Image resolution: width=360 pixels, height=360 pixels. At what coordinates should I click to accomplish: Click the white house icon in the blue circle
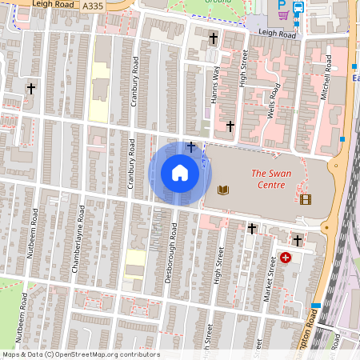[x=180, y=172]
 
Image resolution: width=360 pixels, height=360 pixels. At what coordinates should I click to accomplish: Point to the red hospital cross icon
[x=286, y=258]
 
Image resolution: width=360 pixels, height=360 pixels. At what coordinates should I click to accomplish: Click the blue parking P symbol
[x=270, y=4]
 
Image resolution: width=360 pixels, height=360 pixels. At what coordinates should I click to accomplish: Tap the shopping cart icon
[x=282, y=14]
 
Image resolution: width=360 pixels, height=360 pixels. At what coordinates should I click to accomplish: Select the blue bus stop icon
[x=298, y=10]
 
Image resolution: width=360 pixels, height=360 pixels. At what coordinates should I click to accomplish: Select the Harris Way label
[x=214, y=83]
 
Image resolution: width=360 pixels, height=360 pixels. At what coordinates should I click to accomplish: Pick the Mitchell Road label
[x=326, y=81]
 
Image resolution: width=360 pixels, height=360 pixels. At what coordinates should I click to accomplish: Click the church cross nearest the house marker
[x=190, y=146]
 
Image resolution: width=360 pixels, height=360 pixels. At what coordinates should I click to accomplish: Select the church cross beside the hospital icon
[x=298, y=239]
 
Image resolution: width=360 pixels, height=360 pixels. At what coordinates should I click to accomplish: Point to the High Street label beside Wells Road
[x=244, y=68]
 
